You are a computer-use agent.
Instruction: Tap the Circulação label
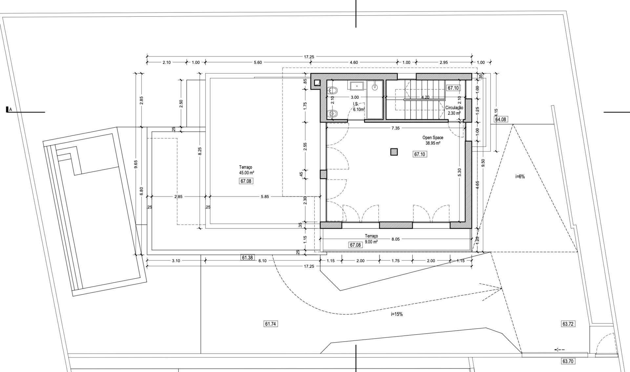454,108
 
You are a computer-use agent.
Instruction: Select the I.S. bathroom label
356,104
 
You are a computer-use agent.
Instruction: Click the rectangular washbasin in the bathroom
357,86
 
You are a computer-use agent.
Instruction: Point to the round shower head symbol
375,87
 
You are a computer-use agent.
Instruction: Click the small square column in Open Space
394,152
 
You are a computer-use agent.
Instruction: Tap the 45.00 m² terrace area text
247,173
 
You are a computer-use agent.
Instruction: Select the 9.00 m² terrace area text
371,242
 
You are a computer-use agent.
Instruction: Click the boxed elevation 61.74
270,324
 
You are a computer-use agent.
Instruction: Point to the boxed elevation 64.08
501,120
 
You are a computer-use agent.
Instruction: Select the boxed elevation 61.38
247,258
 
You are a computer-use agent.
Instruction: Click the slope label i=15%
397,314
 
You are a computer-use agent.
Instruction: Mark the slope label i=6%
520,176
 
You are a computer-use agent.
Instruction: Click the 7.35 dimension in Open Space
395,128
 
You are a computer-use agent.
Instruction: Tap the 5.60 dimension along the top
258,63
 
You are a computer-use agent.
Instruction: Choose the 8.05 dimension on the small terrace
395,239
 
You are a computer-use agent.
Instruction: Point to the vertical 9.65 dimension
136,164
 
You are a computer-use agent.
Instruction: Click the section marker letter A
10,110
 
